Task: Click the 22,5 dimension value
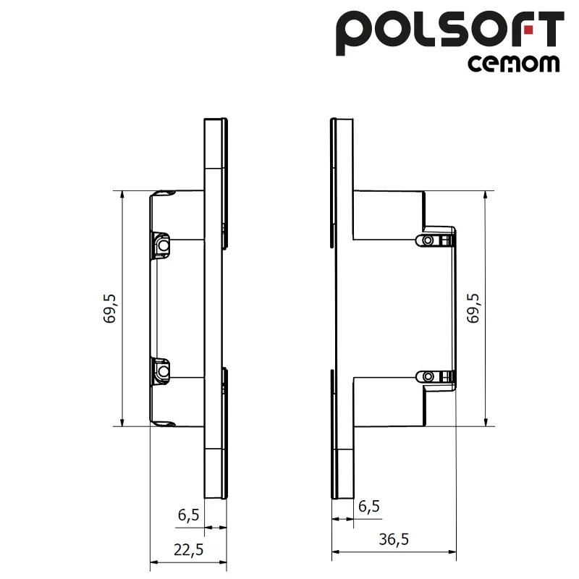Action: pyautogui.click(x=189, y=549)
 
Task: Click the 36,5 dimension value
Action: pyautogui.click(x=394, y=539)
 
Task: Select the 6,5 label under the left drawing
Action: pyautogui.click(x=188, y=515)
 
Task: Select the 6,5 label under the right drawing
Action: pyautogui.click(x=368, y=507)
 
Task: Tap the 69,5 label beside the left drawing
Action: pyautogui.click(x=110, y=308)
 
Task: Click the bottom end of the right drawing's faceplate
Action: pyautogui.click(x=343, y=496)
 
